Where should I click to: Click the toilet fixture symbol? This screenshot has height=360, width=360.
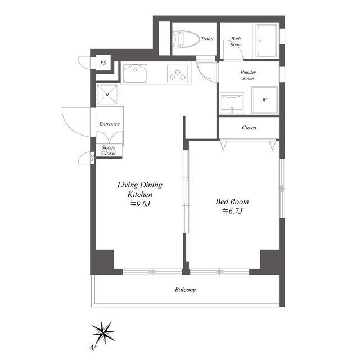click(186, 39)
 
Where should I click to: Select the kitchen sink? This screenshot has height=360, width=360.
click(135, 74)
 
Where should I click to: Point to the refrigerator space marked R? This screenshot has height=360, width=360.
click(107, 94)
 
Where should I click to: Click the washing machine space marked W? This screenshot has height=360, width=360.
click(264, 100)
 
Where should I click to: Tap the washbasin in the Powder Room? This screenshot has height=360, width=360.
click(232, 103)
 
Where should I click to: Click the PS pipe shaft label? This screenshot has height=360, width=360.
click(103, 62)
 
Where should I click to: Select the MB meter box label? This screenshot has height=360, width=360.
click(92, 157)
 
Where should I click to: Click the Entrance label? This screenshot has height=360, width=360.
click(110, 124)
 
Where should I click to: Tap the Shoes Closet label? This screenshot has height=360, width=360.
click(109, 150)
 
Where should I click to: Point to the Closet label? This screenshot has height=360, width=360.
click(249, 128)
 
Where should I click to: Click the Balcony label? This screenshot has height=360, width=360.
click(185, 290)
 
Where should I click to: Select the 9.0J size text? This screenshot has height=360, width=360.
click(140, 204)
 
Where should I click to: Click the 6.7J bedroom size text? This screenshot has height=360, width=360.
click(232, 211)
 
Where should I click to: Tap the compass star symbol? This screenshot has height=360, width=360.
click(103, 332)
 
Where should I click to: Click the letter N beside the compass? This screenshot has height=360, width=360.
click(93, 348)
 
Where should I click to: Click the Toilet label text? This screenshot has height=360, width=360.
click(207, 39)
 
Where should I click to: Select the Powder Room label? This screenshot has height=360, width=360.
click(248, 75)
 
